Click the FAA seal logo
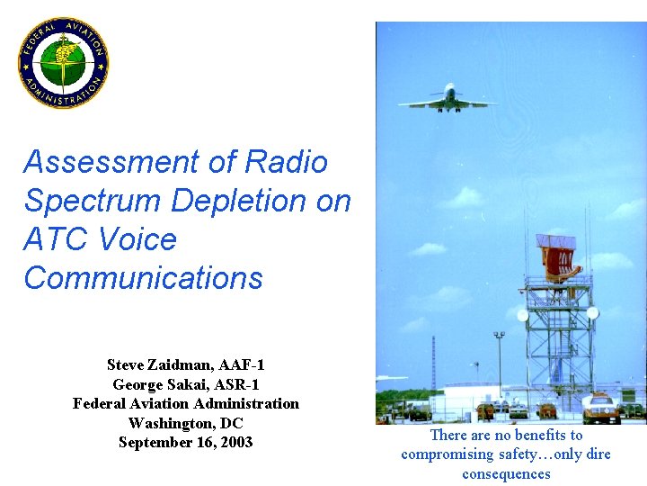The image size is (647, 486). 63,63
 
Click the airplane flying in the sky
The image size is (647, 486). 447,98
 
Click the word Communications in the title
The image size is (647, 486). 143,278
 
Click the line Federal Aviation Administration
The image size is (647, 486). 186,404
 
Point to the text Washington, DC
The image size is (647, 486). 186,423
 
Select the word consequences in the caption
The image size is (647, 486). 506,474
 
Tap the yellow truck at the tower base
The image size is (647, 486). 600,410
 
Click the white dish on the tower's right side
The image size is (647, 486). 592,313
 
